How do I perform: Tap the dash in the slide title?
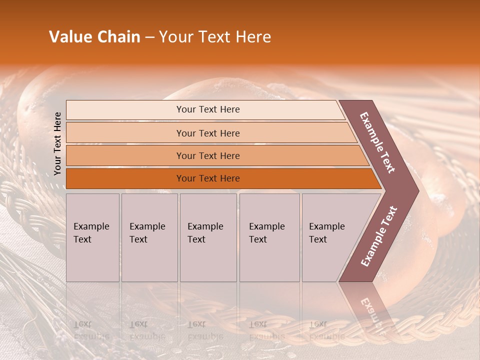tap(149, 37)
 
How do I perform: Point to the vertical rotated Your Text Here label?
tap(57, 143)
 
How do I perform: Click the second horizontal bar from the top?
tap(208, 133)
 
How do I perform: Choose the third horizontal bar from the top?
tap(208, 155)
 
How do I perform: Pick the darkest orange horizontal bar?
tap(208, 178)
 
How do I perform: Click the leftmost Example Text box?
tap(92, 237)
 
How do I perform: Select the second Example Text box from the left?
tap(149, 237)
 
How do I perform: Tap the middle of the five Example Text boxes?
tap(208, 237)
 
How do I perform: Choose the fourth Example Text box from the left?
tap(269, 237)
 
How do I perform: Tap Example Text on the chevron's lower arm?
tap(379, 236)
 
